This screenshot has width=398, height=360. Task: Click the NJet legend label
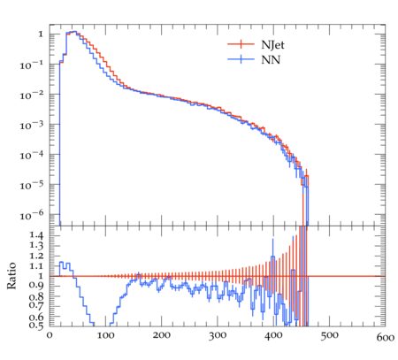click(x=272, y=45)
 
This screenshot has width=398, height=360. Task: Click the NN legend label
click(x=271, y=60)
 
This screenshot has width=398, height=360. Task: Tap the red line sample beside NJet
click(x=241, y=44)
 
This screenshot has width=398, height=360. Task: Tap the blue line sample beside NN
click(x=241, y=59)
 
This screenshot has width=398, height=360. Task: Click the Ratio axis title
click(x=11, y=276)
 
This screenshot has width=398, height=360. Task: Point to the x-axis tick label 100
click(x=105, y=335)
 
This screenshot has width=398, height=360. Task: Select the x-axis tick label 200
click(x=162, y=335)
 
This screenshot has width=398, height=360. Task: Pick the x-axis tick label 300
click(x=218, y=335)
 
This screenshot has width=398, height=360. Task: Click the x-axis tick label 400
click(x=273, y=335)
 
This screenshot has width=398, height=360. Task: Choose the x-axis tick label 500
click(x=330, y=335)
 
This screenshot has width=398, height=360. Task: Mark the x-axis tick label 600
click(x=386, y=337)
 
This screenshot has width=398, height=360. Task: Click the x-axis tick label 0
click(x=50, y=335)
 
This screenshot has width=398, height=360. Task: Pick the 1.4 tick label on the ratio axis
click(x=36, y=235)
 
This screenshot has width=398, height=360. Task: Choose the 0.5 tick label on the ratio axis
click(x=36, y=325)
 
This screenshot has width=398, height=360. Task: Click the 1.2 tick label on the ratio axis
click(x=36, y=256)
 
